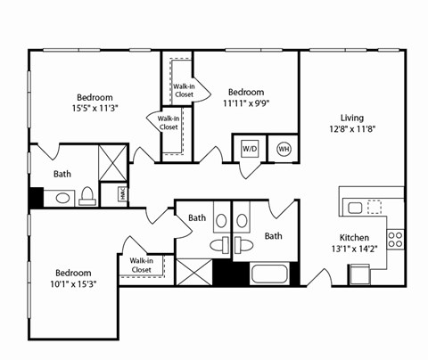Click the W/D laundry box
point(250,149)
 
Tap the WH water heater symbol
point(284,149)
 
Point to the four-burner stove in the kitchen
point(395,238)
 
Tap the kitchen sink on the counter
point(355,208)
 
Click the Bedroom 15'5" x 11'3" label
point(94,102)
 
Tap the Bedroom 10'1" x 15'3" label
point(73,279)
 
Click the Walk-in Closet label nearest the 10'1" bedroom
point(141,265)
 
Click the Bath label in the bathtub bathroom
point(273,236)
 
